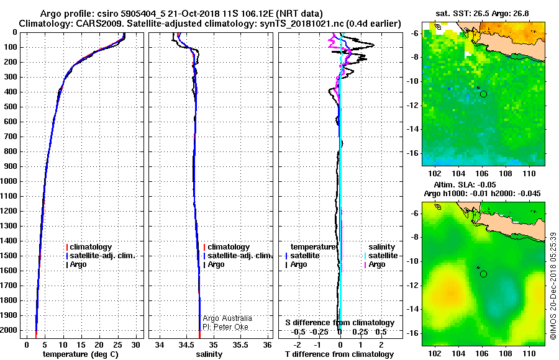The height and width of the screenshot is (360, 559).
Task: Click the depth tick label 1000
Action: pyautogui.click(x=9, y=181)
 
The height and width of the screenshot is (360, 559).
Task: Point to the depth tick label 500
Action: pyautogui.click(x=11, y=107)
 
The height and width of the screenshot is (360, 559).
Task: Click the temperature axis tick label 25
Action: pyautogui.click(x=117, y=345)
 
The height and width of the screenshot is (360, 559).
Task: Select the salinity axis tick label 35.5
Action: pyautogui.click(x=240, y=345)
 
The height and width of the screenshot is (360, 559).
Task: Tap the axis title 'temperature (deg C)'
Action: pyautogui.click(x=81, y=354)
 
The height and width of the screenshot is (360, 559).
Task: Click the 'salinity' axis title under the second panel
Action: pyautogui.click(x=209, y=354)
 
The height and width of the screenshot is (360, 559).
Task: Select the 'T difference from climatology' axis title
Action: pyautogui.click(x=339, y=354)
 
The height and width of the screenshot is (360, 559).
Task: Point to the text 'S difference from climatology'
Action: pyautogui.click(x=340, y=323)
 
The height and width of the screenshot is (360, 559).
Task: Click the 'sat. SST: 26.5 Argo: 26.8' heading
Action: pyautogui.click(x=482, y=14)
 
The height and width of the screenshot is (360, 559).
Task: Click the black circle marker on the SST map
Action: pyautogui.click(x=483, y=94)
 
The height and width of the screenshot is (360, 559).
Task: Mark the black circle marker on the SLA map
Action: pyautogui.click(x=483, y=274)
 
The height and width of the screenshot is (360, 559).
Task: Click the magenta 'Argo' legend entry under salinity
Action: pyautogui.click(x=376, y=264)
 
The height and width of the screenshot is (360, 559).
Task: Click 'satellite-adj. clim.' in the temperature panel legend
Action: pyautogui.click(x=102, y=256)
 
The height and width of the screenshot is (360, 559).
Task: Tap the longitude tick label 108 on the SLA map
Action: pyautogui.click(x=506, y=354)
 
